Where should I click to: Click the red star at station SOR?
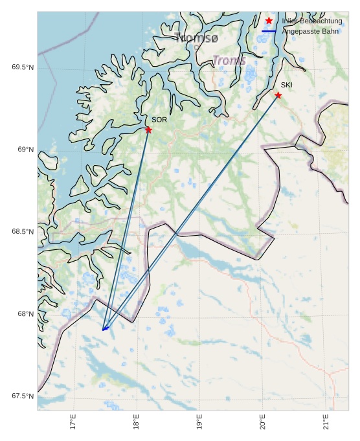click(148, 130)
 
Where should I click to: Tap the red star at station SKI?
click(278, 95)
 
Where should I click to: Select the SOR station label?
click(159, 120)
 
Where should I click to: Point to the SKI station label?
click(286, 85)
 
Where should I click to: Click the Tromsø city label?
click(197, 39)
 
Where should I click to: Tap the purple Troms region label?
click(229, 61)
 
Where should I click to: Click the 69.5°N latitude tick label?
click(23, 67)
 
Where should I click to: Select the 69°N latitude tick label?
click(25, 150)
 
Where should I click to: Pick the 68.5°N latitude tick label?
click(23, 232)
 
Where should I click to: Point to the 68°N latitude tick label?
click(25, 314)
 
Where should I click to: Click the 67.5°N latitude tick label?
click(23, 396)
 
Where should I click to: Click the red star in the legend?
click(269, 21)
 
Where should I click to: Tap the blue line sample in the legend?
click(269, 31)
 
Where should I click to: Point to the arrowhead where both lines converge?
click(104, 330)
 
